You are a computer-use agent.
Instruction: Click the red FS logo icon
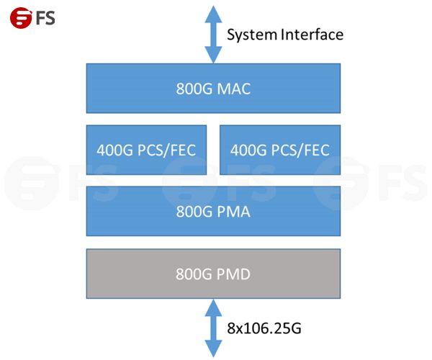click(x=20, y=17)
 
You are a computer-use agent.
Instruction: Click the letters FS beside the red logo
click(x=44, y=17)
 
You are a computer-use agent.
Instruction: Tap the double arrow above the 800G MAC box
click(x=213, y=34)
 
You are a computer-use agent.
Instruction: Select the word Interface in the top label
click(x=310, y=34)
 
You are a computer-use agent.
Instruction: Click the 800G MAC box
click(x=213, y=89)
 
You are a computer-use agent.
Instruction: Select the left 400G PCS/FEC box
click(x=146, y=150)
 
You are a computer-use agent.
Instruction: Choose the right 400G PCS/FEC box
click(x=279, y=150)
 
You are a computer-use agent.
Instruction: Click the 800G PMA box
click(x=213, y=211)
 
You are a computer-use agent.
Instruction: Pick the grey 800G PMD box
click(x=213, y=274)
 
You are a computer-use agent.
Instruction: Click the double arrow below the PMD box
click(x=213, y=328)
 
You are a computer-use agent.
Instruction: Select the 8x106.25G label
click(x=264, y=328)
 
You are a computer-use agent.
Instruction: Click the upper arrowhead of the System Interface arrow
click(x=213, y=12)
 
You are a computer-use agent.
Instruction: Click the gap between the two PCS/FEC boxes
click(x=213, y=150)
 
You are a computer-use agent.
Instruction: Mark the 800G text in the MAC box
click(x=193, y=89)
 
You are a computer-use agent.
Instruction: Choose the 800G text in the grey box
click(x=193, y=274)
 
